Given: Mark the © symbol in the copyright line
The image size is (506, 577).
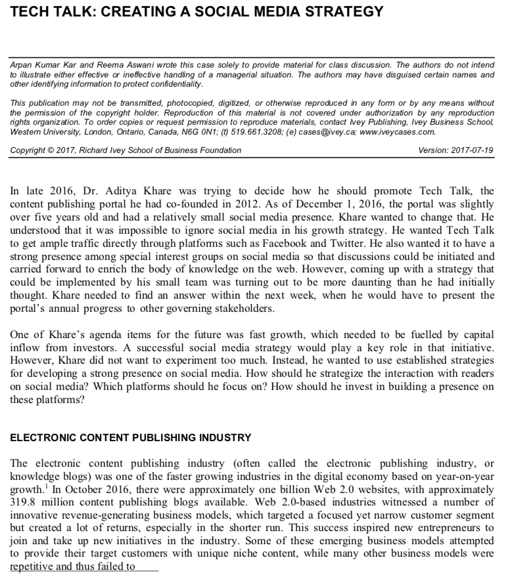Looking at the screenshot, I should (x=55, y=150).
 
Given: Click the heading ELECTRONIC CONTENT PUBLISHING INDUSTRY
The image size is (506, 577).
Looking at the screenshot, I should (x=130, y=437).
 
